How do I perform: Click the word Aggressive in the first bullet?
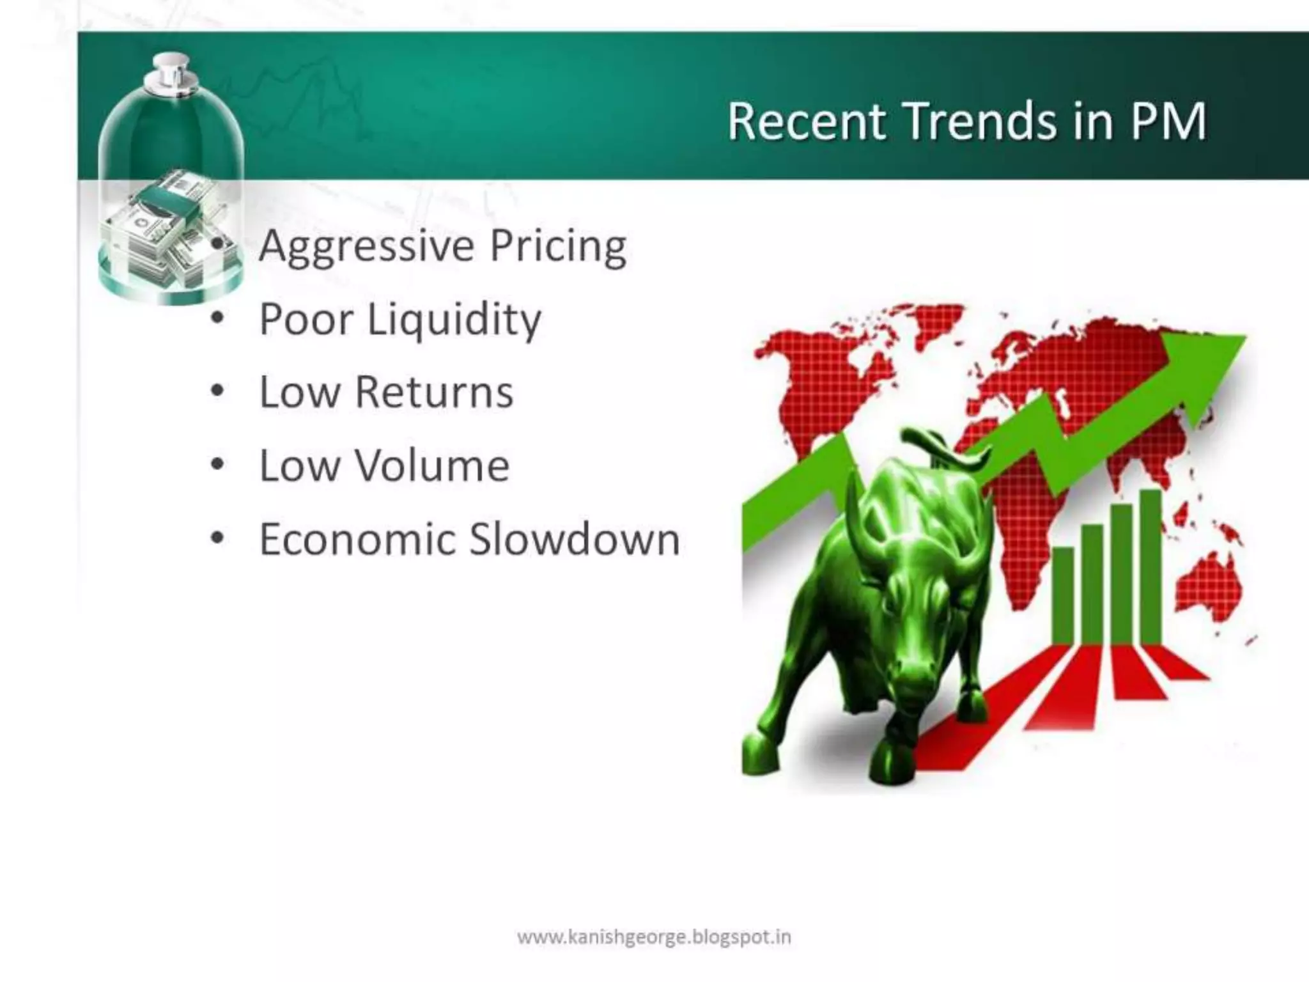click(x=366, y=247)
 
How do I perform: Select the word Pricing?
click(x=557, y=247)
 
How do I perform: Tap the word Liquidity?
click(x=454, y=320)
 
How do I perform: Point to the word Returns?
click(x=434, y=392)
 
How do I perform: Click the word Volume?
click(x=432, y=465)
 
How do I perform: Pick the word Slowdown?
click(x=575, y=539)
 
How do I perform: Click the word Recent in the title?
click(x=807, y=121)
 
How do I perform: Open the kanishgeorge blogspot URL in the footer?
click(x=654, y=938)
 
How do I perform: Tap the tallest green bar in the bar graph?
click(x=1150, y=566)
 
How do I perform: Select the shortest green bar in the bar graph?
click(x=1063, y=595)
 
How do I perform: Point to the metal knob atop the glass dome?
click(x=169, y=70)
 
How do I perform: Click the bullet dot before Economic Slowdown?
click(x=217, y=538)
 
